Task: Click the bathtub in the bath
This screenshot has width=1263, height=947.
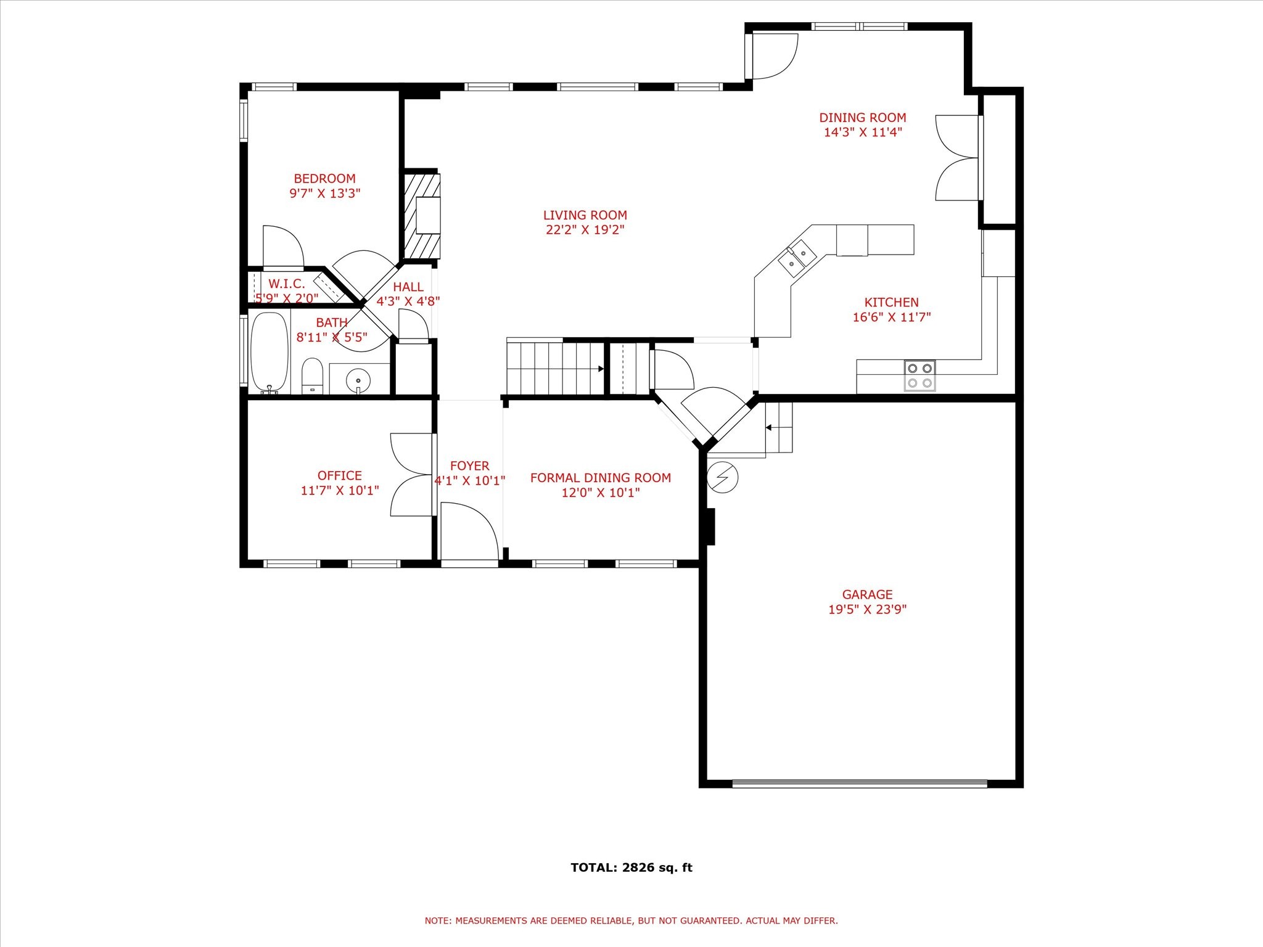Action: tap(269, 352)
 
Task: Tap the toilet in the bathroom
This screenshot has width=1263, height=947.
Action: tap(312, 376)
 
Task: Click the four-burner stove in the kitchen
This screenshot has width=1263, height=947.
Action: tap(919, 375)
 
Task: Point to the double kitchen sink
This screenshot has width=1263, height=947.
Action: tap(797, 258)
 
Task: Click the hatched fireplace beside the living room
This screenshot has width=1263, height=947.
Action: tap(422, 216)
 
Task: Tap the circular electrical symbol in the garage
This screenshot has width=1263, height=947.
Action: tap(723, 477)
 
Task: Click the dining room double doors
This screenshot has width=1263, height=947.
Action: tap(957, 158)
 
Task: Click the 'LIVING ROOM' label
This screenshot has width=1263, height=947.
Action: tap(585, 215)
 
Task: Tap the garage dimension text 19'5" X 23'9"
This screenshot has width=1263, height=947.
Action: tap(867, 610)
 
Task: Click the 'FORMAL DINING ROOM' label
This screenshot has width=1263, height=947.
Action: tap(600, 478)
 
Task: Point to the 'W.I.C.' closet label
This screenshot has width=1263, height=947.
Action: tap(286, 284)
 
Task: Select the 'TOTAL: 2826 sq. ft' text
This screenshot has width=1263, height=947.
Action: tap(631, 867)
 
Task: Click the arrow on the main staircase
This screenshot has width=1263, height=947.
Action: tap(600, 369)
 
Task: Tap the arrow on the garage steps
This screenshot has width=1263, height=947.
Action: tap(769, 427)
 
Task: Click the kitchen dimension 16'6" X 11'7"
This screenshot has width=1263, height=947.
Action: tap(891, 318)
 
